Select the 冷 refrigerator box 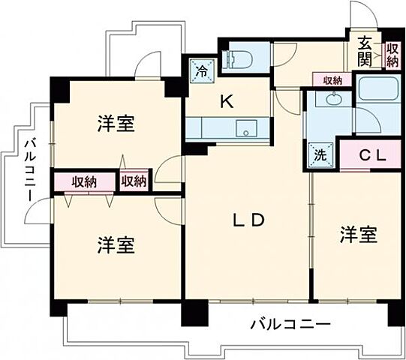tap(201, 73)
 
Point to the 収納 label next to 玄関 tap(392, 55)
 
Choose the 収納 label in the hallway tap(332, 80)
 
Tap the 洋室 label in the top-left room tap(117, 124)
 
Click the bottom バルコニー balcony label tap(290, 325)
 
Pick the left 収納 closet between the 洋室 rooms tap(84, 181)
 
